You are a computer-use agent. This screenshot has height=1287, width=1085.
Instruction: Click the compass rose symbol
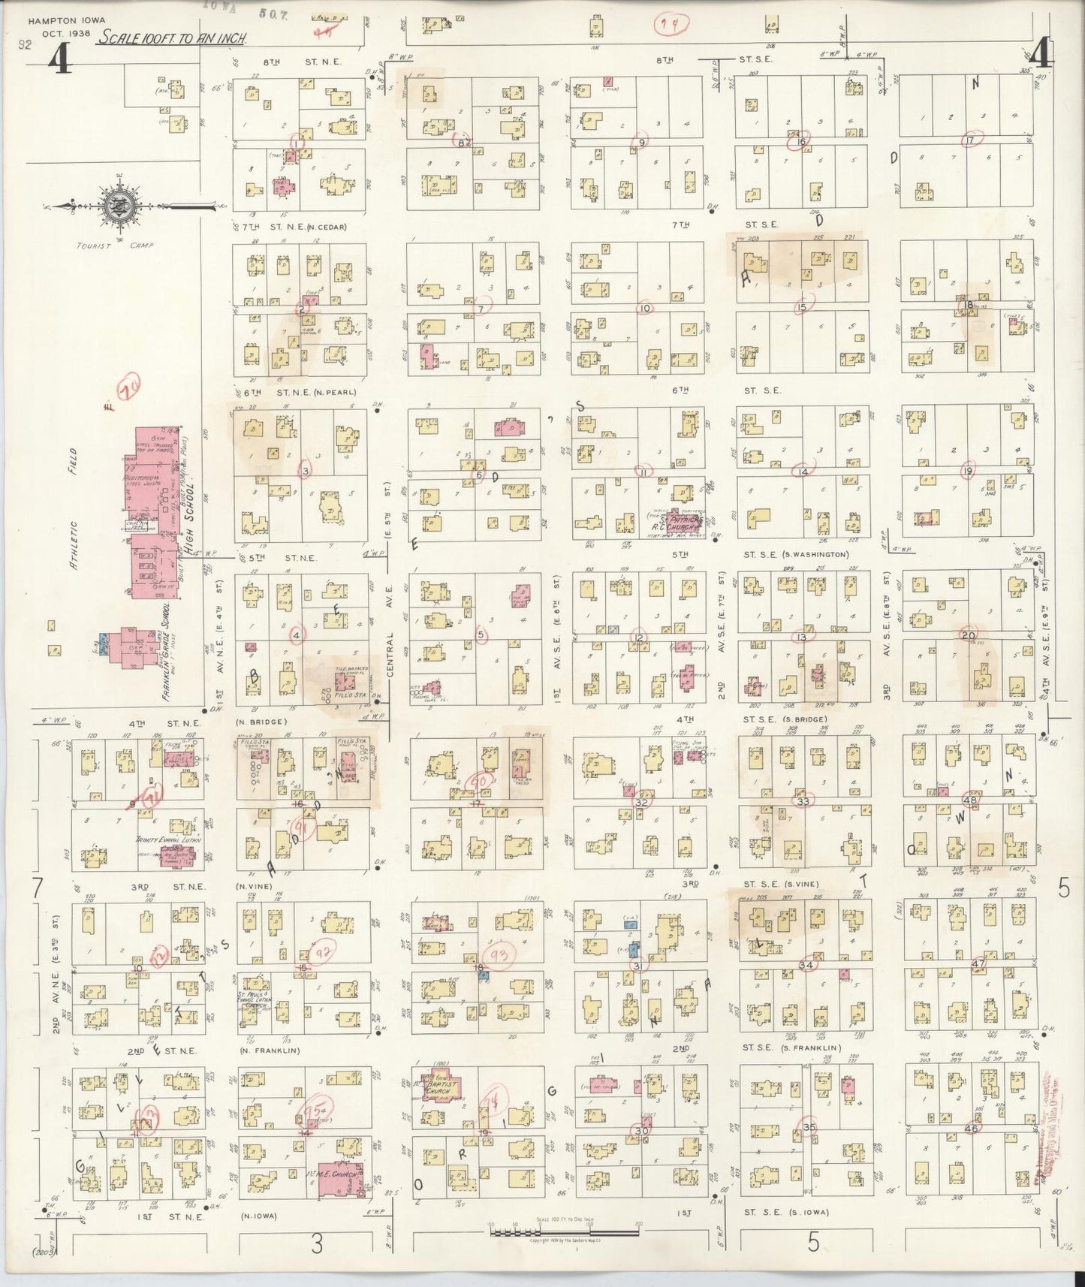pyautogui.click(x=118, y=203)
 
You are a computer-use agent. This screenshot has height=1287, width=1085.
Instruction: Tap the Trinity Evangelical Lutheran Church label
pyautogui.click(x=168, y=843)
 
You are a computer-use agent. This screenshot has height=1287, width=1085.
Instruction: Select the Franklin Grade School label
pyautogui.click(x=167, y=652)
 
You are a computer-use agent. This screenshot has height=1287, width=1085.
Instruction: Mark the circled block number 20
pyautogui.click(x=969, y=636)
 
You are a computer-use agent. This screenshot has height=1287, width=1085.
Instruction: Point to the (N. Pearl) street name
pyautogui.click(x=335, y=393)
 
